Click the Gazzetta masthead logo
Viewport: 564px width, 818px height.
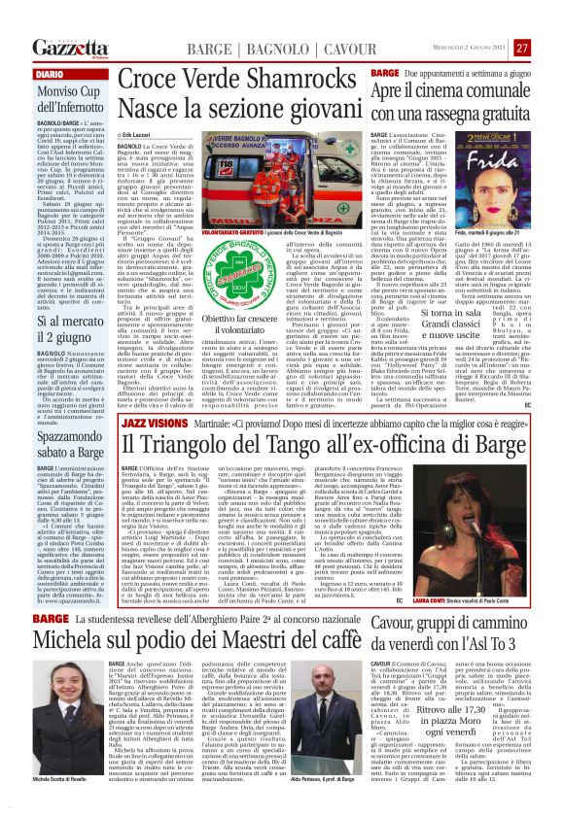[67, 47]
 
